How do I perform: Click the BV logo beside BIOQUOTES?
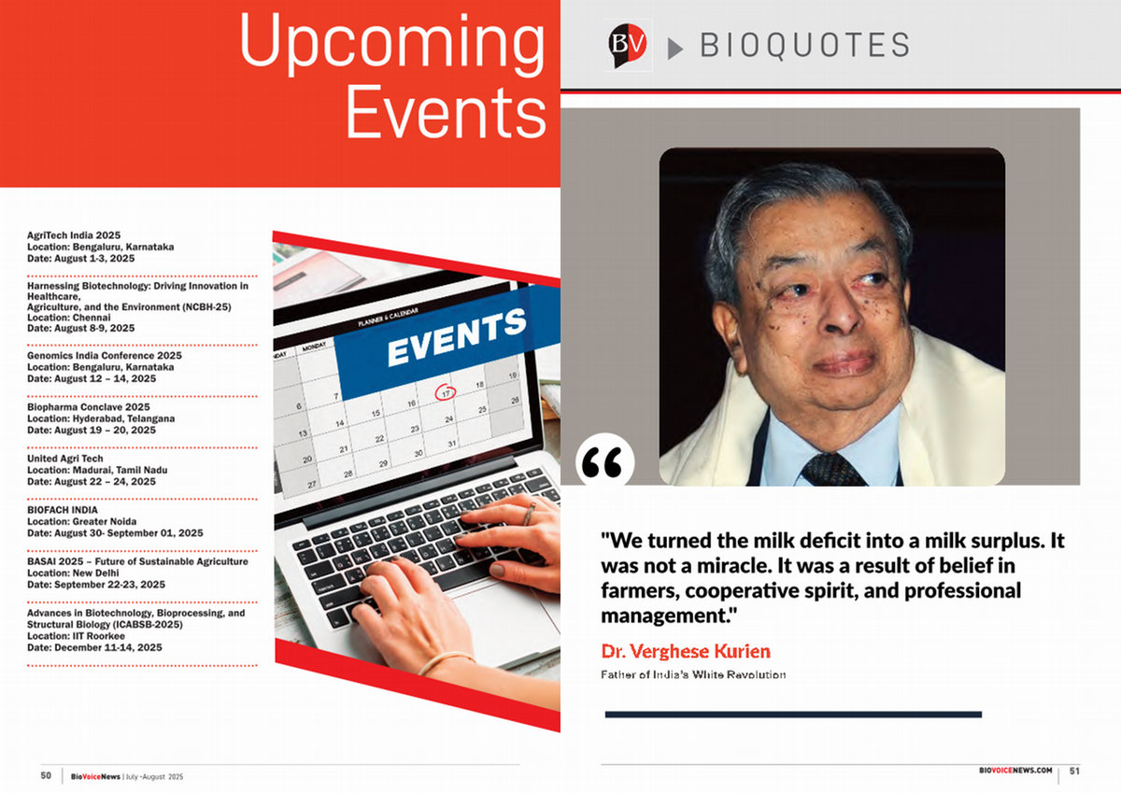click(628, 45)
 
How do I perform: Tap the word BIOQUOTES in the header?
click(804, 45)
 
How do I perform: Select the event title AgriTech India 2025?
click(74, 235)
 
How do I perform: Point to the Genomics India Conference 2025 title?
click(104, 355)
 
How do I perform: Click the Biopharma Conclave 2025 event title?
click(89, 406)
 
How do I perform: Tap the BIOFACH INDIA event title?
click(62, 510)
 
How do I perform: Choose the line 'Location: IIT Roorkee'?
click(76, 636)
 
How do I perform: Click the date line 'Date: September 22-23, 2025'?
click(96, 585)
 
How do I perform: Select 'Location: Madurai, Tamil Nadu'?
click(97, 470)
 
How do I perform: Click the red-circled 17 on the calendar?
click(445, 392)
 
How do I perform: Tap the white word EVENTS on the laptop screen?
click(457, 338)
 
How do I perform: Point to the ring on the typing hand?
click(529, 514)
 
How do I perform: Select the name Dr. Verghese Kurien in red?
click(686, 651)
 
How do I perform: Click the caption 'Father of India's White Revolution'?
click(693, 674)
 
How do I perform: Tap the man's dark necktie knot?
click(830, 469)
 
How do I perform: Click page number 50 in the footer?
click(46, 775)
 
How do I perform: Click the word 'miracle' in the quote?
click(731, 566)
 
